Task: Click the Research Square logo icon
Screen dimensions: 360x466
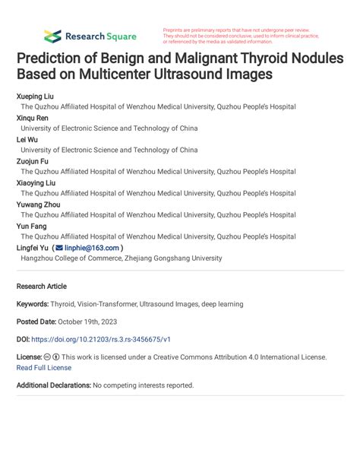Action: coord(52,36)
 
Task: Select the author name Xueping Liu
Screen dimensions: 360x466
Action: coord(36,97)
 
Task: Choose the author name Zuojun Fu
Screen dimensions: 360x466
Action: coord(33,161)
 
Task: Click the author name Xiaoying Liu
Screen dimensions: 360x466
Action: coord(36,183)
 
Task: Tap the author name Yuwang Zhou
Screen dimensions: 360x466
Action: coord(38,204)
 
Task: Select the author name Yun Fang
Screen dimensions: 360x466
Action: coord(32,226)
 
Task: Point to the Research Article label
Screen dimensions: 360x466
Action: coord(41,287)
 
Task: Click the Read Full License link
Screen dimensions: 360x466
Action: coord(44,368)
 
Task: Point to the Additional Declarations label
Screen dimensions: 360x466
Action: coord(53,385)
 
